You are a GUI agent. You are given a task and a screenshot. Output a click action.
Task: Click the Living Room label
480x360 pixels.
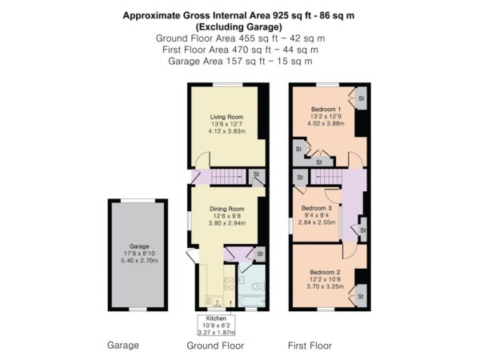point(226,117)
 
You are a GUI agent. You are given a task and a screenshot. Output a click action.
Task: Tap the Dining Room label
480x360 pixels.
point(227,209)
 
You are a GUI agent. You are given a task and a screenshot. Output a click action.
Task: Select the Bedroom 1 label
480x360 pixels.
point(326,110)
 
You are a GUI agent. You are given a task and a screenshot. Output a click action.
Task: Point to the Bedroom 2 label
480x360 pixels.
point(325,272)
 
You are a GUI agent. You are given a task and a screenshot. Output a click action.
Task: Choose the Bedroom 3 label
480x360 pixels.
point(317,208)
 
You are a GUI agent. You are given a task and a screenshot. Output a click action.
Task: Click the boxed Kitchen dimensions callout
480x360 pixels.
point(216,326)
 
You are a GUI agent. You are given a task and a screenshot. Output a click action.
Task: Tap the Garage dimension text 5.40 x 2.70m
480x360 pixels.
point(139,261)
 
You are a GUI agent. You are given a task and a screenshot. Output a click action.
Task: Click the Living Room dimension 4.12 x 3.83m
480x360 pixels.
point(227,131)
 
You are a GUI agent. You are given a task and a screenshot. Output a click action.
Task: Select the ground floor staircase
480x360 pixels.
point(228,177)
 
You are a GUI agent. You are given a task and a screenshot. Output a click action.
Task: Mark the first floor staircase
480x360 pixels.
point(326,177)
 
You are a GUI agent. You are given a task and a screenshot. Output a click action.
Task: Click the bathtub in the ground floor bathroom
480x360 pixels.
point(252,301)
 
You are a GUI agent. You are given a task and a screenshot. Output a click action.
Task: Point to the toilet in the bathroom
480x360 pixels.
point(259,287)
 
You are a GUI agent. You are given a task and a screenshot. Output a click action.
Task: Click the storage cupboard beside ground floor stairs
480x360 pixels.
point(257,177)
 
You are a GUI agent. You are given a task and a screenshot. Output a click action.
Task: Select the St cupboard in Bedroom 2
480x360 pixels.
point(361,296)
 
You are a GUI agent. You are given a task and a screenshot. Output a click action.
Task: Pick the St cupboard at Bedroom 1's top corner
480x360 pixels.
point(361,98)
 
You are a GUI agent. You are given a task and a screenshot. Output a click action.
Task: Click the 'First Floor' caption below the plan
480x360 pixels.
point(310,346)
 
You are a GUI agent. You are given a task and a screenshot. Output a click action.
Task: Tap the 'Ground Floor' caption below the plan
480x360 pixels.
point(215,346)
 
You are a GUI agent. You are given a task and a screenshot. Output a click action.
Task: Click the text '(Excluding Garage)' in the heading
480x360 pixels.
point(238,27)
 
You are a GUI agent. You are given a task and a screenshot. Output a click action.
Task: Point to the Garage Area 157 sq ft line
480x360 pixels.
point(240,62)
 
